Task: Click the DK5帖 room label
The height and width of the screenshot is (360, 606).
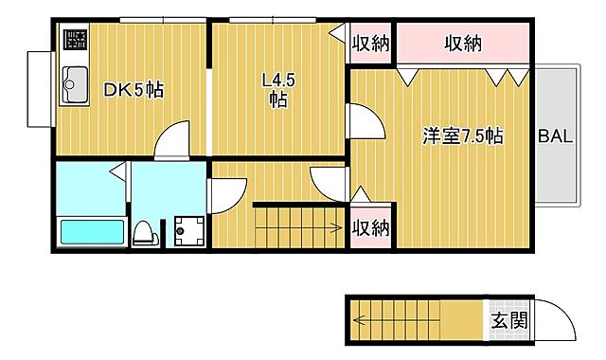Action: (133, 91)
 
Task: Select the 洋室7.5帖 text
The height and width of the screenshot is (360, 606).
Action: (462, 135)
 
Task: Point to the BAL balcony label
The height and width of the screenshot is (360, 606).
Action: (556, 135)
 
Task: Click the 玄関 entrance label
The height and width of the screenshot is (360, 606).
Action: (504, 321)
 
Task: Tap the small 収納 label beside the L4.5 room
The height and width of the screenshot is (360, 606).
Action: (370, 43)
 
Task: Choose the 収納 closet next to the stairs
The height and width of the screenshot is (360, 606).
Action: (370, 227)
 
